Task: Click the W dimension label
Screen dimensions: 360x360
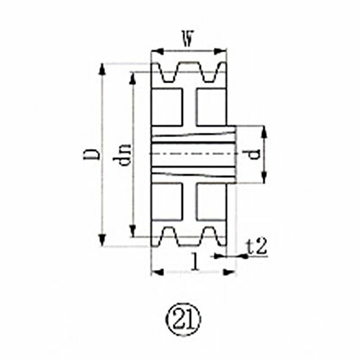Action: (188, 39)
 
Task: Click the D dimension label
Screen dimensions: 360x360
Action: (91, 154)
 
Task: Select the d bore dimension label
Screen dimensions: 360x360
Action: (253, 154)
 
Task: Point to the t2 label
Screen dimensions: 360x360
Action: (257, 247)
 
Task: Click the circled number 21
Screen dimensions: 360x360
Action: (183, 319)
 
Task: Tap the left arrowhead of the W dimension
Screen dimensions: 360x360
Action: (158, 51)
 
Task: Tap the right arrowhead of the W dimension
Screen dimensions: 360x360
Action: (220, 51)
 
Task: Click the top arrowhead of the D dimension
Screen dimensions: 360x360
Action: (103, 70)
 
